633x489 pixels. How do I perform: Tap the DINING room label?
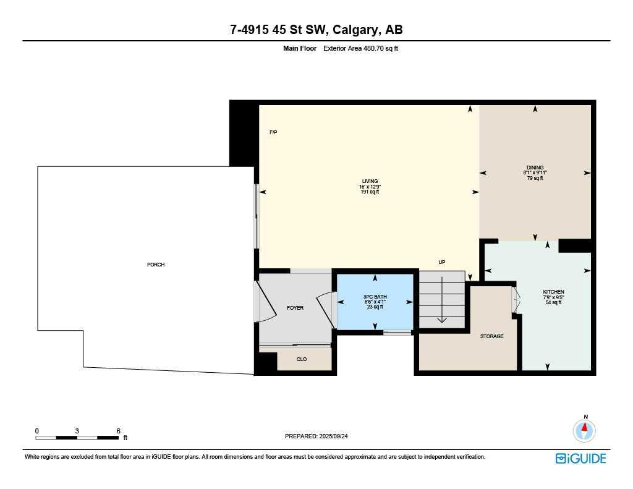pyautogui.click(x=535, y=168)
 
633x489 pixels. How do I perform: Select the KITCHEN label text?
pyautogui.click(x=553, y=292)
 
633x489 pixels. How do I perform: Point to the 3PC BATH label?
pyautogui.click(x=375, y=297)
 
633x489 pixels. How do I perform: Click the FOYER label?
pyautogui.click(x=295, y=308)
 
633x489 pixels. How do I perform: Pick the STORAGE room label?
pyautogui.click(x=491, y=336)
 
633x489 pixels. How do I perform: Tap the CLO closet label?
pyautogui.click(x=302, y=359)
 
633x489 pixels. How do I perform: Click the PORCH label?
pyautogui.click(x=156, y=265)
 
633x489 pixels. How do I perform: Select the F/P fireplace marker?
pyautogui.click(x=273, y=132)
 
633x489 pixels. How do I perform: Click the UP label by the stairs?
pyautogui.click(x=441, y=262)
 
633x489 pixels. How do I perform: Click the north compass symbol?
pyautogui.click(x=584, y=430)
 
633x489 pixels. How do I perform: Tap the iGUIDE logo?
pyautogui.click(x=580, y=458)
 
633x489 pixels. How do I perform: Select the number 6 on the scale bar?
pyautogui.click(x=117, y=430)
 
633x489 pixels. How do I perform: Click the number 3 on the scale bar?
pyautogui.click(x=77, y=430)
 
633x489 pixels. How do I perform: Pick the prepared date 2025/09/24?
pyautogui.click(x=339, y=436)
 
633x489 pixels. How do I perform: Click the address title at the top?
pyautogui.click(x=316, y=30)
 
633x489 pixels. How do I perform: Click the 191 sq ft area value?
pyautogui.click(x=370, y=192)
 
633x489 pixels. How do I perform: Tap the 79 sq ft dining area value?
pyautogui.click(x=535, y=178)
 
